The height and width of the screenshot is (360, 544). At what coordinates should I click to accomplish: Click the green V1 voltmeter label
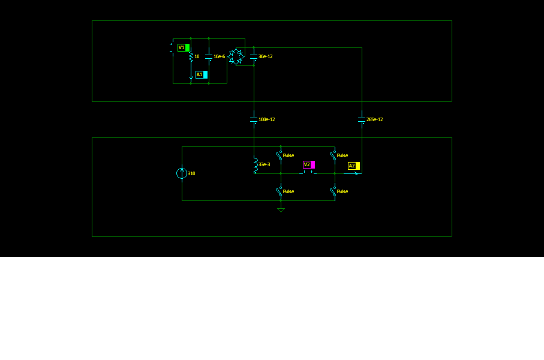point(184,47)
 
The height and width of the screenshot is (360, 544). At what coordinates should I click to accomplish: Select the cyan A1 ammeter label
point(202,74)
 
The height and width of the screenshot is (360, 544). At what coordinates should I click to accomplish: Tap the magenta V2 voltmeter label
point(309,164)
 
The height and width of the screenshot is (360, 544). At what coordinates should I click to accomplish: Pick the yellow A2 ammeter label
point(354,166)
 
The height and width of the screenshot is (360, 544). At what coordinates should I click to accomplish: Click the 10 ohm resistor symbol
point(191,56)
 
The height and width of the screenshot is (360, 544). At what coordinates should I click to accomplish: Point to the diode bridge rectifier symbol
point(236,56)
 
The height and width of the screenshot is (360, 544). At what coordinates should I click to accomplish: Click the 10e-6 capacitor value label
point(220,56)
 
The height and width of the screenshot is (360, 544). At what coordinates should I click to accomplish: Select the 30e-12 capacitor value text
point(266,56)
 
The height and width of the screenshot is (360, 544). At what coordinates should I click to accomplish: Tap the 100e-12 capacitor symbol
point(254,119)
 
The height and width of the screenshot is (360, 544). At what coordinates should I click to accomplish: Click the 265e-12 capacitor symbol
point(362,119)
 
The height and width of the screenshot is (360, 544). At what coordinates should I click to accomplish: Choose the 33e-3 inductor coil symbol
point(256,164)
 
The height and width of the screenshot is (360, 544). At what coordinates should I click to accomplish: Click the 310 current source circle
point(182,173)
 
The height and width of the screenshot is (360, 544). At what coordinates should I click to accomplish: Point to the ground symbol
point(281,209)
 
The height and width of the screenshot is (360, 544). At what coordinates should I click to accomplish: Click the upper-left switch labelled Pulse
point(279,155)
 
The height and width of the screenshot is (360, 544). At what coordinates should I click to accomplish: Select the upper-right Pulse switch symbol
point(333,155)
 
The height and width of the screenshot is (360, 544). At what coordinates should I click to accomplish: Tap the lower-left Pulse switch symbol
point(279,191)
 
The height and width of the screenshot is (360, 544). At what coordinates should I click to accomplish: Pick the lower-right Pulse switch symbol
point(333,191)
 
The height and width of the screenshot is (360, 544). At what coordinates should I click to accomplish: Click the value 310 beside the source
point(191,173)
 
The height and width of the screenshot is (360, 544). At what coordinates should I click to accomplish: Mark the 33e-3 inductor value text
point(265,164)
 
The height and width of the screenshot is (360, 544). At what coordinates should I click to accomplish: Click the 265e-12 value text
point(375,119)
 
